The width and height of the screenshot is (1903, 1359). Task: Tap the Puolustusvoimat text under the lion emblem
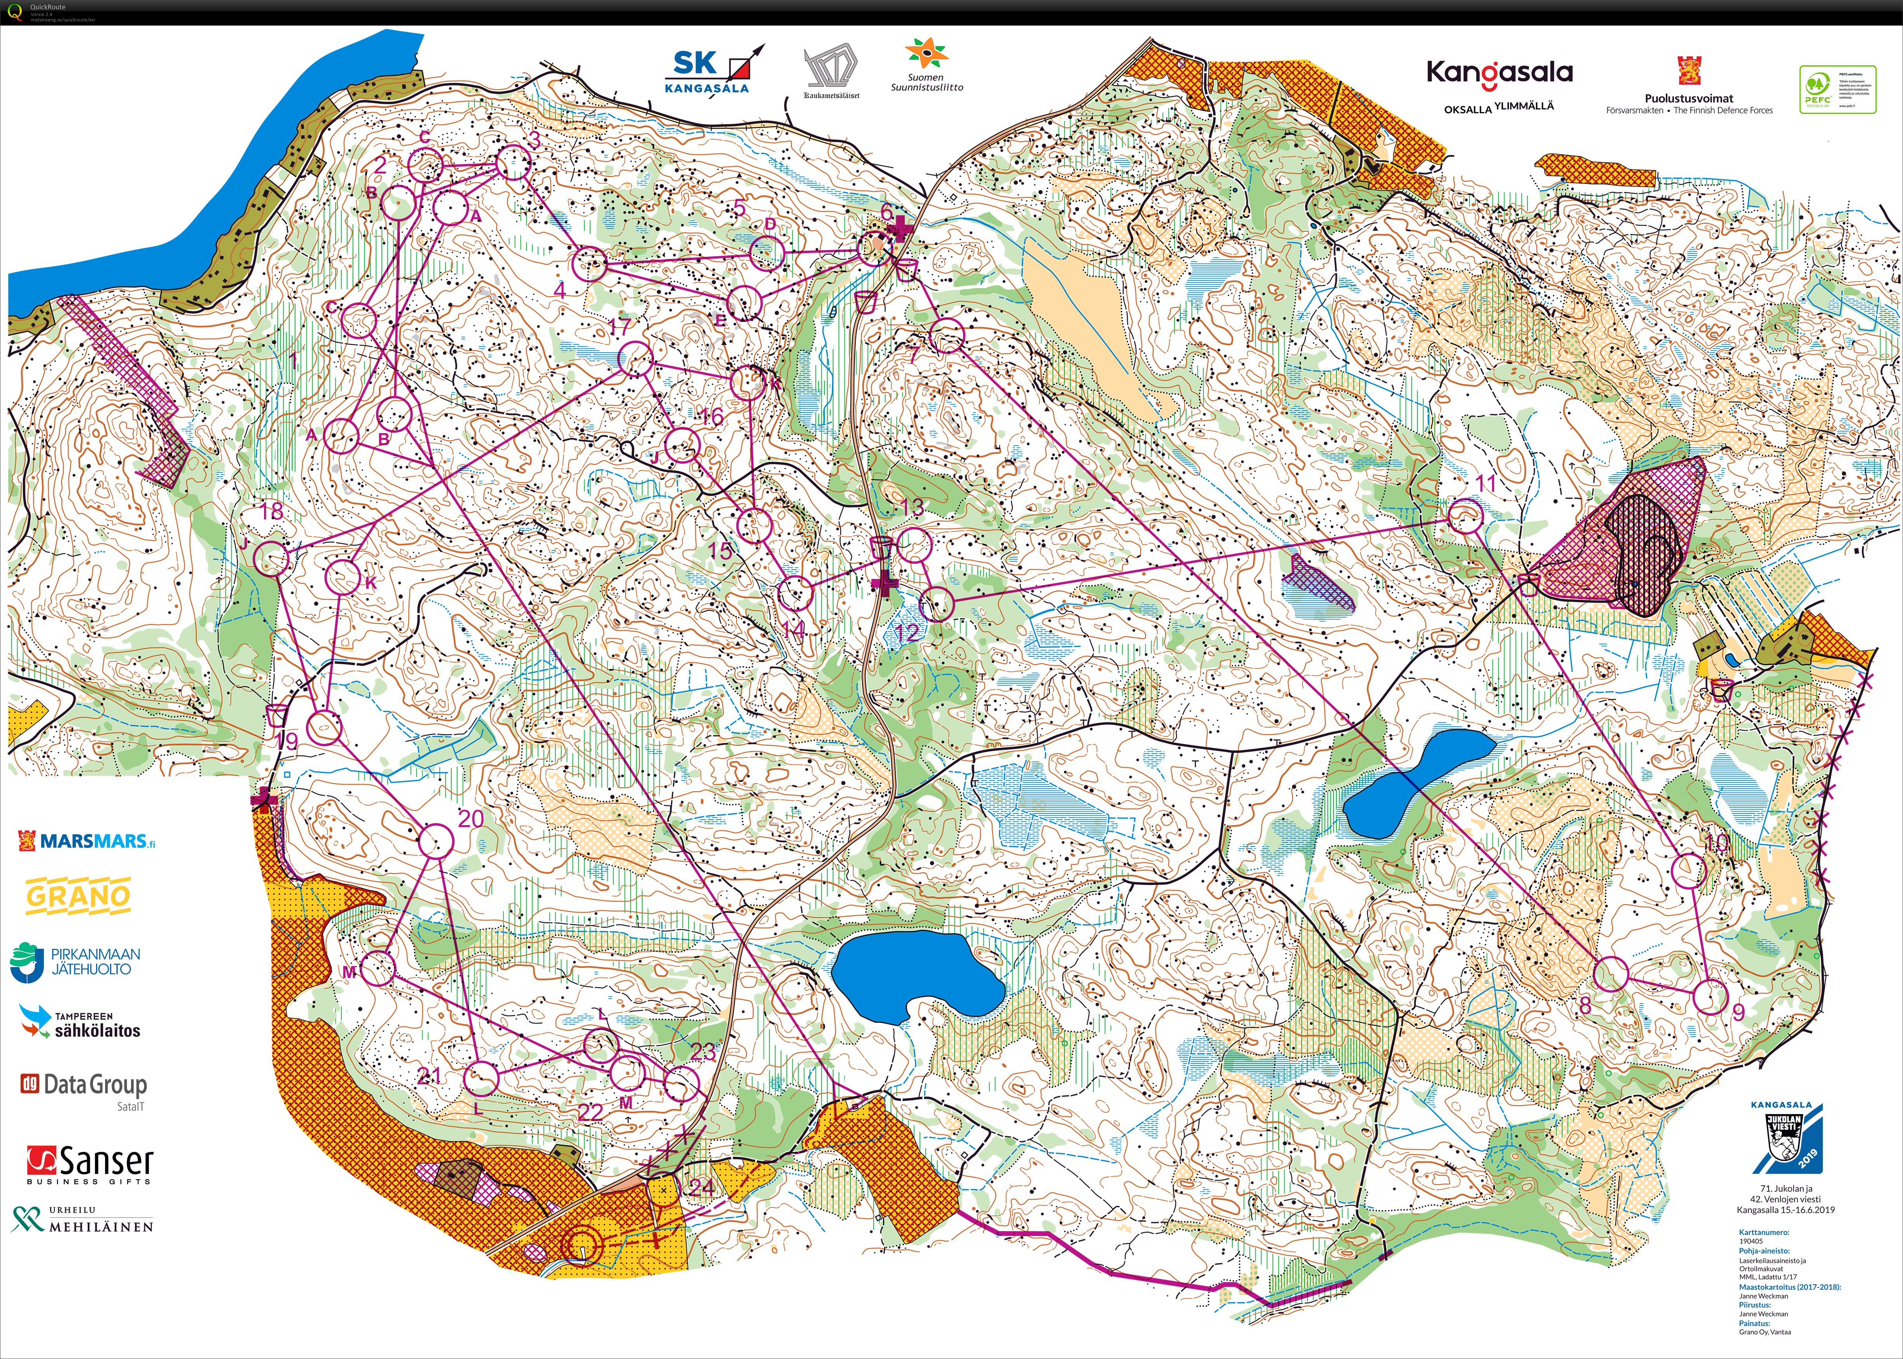(1689, 99)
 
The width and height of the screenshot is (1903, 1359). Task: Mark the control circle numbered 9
(1711, 997)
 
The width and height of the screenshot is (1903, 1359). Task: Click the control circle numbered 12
(937, 604)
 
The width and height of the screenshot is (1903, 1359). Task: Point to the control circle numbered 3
(514, 163)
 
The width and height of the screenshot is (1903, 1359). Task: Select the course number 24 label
(701, 1187)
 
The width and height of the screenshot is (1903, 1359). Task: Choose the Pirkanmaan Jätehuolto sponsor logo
(75, 962)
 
